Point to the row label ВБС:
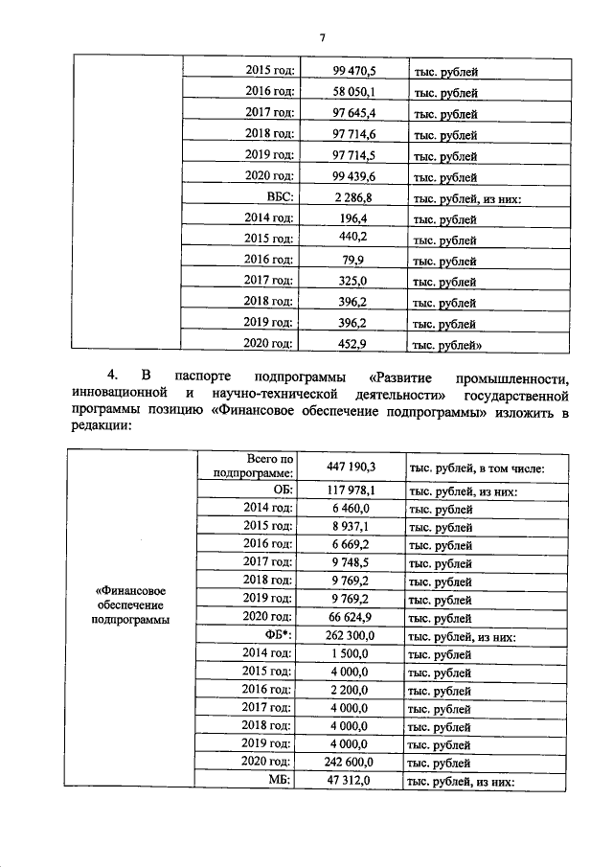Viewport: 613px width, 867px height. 279,197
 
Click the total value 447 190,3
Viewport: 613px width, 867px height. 352,467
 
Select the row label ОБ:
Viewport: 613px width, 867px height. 282,491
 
